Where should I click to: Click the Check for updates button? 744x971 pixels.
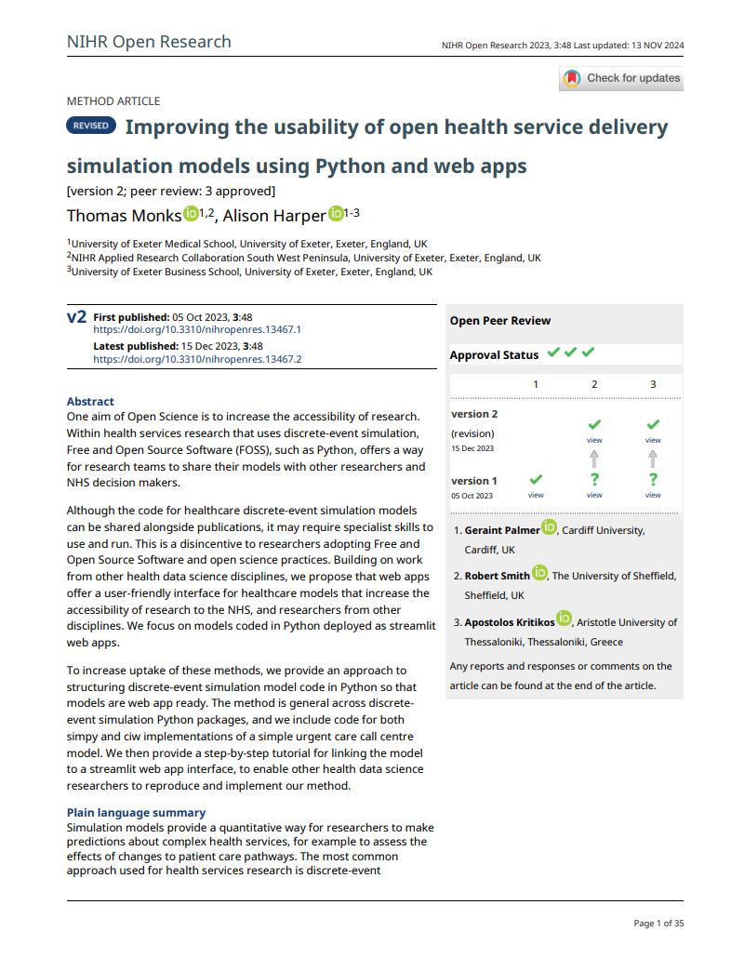pyautogui.click(x=621, y=79)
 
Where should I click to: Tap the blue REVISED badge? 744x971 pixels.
pyautogui.click(x=90, y=126)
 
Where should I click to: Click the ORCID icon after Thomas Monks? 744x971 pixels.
pyautogui.click(x=191, y=215)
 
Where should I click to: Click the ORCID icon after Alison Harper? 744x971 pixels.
pyautogui.click(x=336, y=215)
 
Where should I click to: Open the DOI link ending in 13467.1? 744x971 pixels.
pyautogui.click(x=197, y=329)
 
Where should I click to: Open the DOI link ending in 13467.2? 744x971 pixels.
pyautogui.click(x=197, y=358)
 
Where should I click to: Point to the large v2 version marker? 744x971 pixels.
pyautogui.click(x=76, y=318)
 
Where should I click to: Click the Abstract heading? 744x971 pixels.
pyautogui.click(x=90, y=401)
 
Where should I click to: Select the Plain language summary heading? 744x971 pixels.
pyautogui.click(x=136, y=813)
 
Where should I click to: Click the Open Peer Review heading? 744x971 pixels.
pyautogui.click(x=499, y=321)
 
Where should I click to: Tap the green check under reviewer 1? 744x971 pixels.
pyautogui.click(x=536, y=479)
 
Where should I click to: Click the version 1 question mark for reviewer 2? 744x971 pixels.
pyautogui.click(x=594, y=479)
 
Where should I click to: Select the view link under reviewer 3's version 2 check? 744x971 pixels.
pyautogui.click(x=653, y=440)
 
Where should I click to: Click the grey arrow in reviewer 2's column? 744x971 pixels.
pyautogui.click(x=594, y=458)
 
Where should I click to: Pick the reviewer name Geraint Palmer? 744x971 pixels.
pyautogui.click(x=501, y=530)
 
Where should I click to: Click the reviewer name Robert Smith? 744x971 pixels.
pyautogui.click(x=497, y=576)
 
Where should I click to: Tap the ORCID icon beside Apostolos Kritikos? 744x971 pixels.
pyautogui.click(x=565, y=619)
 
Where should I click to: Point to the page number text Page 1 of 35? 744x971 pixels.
pyautogui.click(x=658, y=924)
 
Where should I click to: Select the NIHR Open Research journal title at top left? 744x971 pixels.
pyautogui.click(x=149, y=42)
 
